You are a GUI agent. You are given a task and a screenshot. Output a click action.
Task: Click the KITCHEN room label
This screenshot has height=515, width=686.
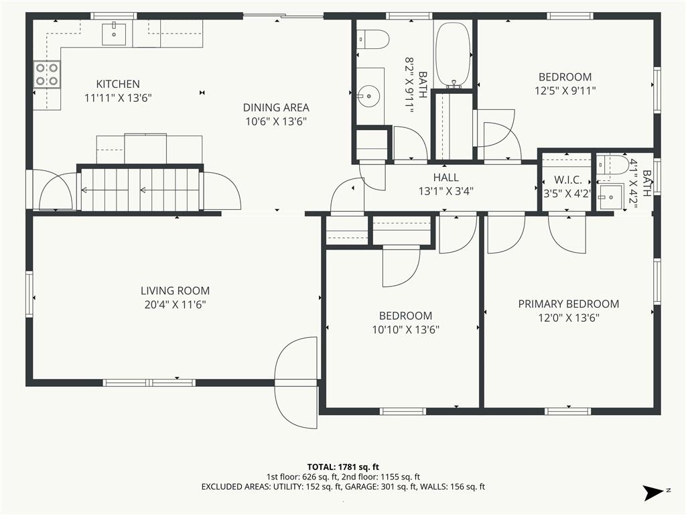[x=118, y=84]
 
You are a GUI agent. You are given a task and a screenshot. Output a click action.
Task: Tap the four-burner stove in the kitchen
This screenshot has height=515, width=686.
[x=47, y=74]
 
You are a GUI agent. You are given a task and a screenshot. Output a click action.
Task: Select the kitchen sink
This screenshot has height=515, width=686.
[x=114, y=34]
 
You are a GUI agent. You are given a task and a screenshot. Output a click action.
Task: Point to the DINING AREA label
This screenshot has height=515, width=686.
[x=276, y=107]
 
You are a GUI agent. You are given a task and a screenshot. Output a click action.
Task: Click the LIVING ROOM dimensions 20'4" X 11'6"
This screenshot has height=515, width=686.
[x=175, y=304]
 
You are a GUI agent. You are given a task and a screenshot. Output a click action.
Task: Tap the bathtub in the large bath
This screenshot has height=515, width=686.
[x=454, y=55]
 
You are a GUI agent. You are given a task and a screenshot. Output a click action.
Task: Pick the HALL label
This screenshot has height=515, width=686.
[x=445, y=177]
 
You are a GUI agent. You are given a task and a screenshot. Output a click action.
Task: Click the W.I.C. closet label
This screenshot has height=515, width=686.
[x=568, y=180]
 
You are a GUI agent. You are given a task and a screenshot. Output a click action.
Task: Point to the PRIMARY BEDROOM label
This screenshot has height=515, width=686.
[x=569, y=304]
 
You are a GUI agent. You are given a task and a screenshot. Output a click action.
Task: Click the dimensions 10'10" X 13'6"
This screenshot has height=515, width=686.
[x=405, y=329]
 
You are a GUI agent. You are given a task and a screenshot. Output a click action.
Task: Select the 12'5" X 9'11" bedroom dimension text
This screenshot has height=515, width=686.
[x=565, y=91]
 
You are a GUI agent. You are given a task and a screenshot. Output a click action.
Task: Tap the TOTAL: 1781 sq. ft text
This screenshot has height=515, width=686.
[x=343, y=467]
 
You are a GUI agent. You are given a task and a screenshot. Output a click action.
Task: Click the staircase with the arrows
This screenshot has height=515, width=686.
[x=141, y=189]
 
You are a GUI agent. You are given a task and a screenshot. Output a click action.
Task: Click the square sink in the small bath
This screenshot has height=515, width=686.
[x=611, y=198]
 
